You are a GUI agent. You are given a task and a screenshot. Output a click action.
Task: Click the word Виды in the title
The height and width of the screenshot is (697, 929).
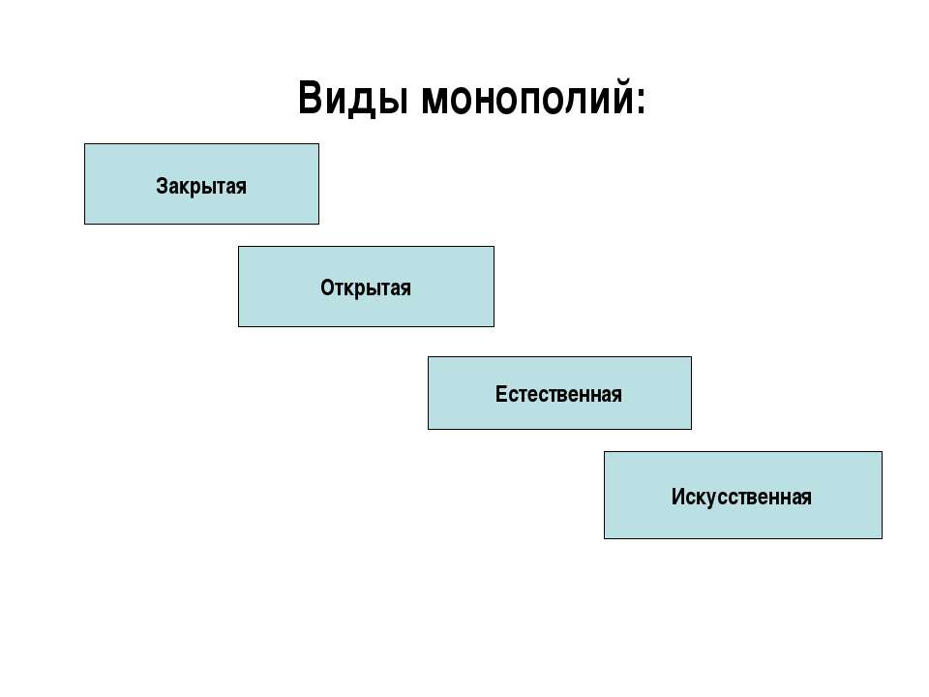[x=352, y=99]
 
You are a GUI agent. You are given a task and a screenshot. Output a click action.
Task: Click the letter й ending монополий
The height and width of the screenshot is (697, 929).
[x=620, y=97]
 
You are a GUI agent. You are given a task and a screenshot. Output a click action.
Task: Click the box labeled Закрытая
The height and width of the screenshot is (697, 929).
[x=201, y=184]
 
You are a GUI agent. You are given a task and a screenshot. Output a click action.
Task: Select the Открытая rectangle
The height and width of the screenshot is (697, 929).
[x=366, y=287]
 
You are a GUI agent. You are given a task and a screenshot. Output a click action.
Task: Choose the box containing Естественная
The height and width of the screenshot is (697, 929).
[x=559, y=393]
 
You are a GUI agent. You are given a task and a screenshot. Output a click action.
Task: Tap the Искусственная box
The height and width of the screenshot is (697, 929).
[x=743, y=496]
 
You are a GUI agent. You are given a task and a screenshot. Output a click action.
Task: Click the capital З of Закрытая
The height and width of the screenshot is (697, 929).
[x=162, y=186]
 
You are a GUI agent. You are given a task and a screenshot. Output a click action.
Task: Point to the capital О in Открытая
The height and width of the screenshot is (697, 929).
[x=328, y=288]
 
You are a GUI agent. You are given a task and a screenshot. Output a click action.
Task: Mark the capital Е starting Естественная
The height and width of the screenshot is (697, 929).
[x=501, y=394]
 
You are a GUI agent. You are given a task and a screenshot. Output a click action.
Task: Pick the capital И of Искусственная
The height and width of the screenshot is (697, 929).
[x=678, y=497]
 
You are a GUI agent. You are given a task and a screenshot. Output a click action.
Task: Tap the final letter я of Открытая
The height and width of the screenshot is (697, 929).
[x=405, y=289]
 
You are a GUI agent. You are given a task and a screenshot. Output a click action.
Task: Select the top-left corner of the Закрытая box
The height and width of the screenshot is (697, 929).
[x=85, y=144]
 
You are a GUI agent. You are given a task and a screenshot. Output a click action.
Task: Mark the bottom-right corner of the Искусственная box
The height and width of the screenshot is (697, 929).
[x=883, y=539]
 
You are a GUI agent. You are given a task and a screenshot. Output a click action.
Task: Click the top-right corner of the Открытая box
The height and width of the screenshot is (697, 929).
[x=494, y=247]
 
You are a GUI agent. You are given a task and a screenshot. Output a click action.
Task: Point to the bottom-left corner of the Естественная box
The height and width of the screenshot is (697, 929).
[x=429, y=429]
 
